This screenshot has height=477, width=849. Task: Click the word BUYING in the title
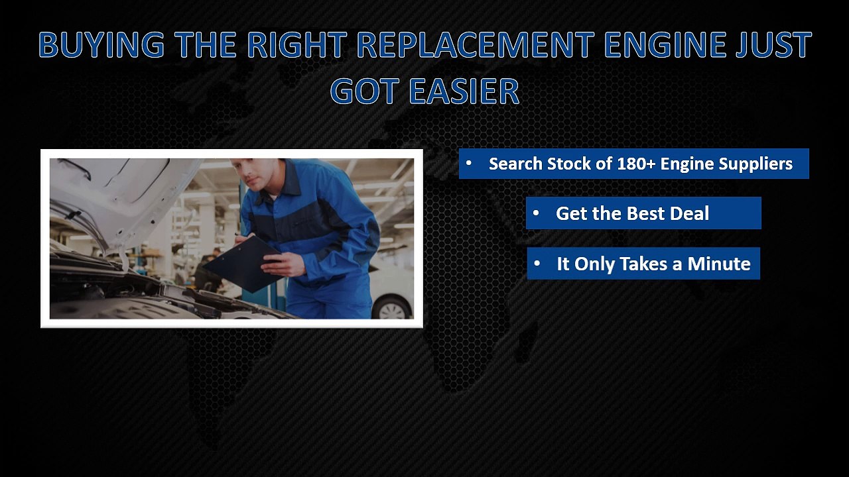click(x=101, y=45)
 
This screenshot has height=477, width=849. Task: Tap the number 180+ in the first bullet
click(x=635, y=164)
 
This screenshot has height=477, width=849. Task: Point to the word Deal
click(x=689, y=213)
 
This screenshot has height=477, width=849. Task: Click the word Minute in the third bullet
click(x=719, y=264)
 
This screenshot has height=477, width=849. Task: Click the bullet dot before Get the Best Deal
click(x=536, y=213)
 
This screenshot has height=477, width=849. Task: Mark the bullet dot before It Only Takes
click(x=537, y=264)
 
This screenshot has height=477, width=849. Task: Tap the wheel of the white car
click(x=393, y=308)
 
